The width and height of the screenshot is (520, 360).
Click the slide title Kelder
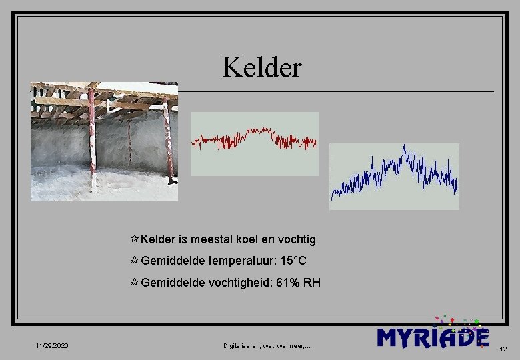click(x=262, y=67)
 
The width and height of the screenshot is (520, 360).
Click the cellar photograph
click(x=104, y=141)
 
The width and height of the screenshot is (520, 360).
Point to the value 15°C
click(x=293, y=261)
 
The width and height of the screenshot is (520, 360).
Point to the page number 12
click(x=503, y=349)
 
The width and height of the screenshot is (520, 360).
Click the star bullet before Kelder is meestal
click(x=135, y=239)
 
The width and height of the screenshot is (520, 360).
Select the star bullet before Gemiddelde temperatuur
click(x=135, y=261)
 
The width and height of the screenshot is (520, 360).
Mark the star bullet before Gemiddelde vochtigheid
click(x=135, y=283)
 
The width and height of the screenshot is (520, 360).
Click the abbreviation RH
click(x=312, y=283)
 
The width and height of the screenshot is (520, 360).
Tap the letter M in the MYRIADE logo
click(x=390, y=337)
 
